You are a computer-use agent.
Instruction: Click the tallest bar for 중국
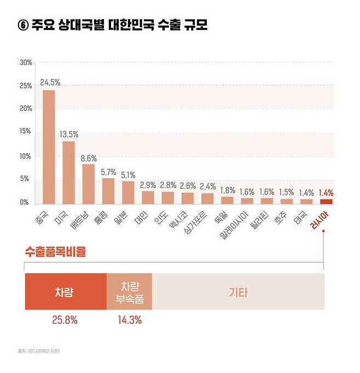pyautogui.click(x=49, y=147)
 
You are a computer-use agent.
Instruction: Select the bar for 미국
pyautogui.click(x=68, y=172)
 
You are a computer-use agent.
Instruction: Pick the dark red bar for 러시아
pyautogui.click(x=326, y=201)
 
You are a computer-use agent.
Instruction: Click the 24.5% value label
pyautogui.click(x=50, y=83)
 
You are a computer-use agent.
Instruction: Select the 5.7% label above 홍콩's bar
pyautogui.click(x=108, y=172)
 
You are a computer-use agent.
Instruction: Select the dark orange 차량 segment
pyautogui.click(x=65, y=292)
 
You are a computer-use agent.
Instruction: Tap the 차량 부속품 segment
pyautogui.click(x=129, y=292)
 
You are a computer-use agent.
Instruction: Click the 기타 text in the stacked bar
pyautogui.click(x=238, y=292)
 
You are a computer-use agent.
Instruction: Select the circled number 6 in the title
pyautogui.click(x=24, y=25)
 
